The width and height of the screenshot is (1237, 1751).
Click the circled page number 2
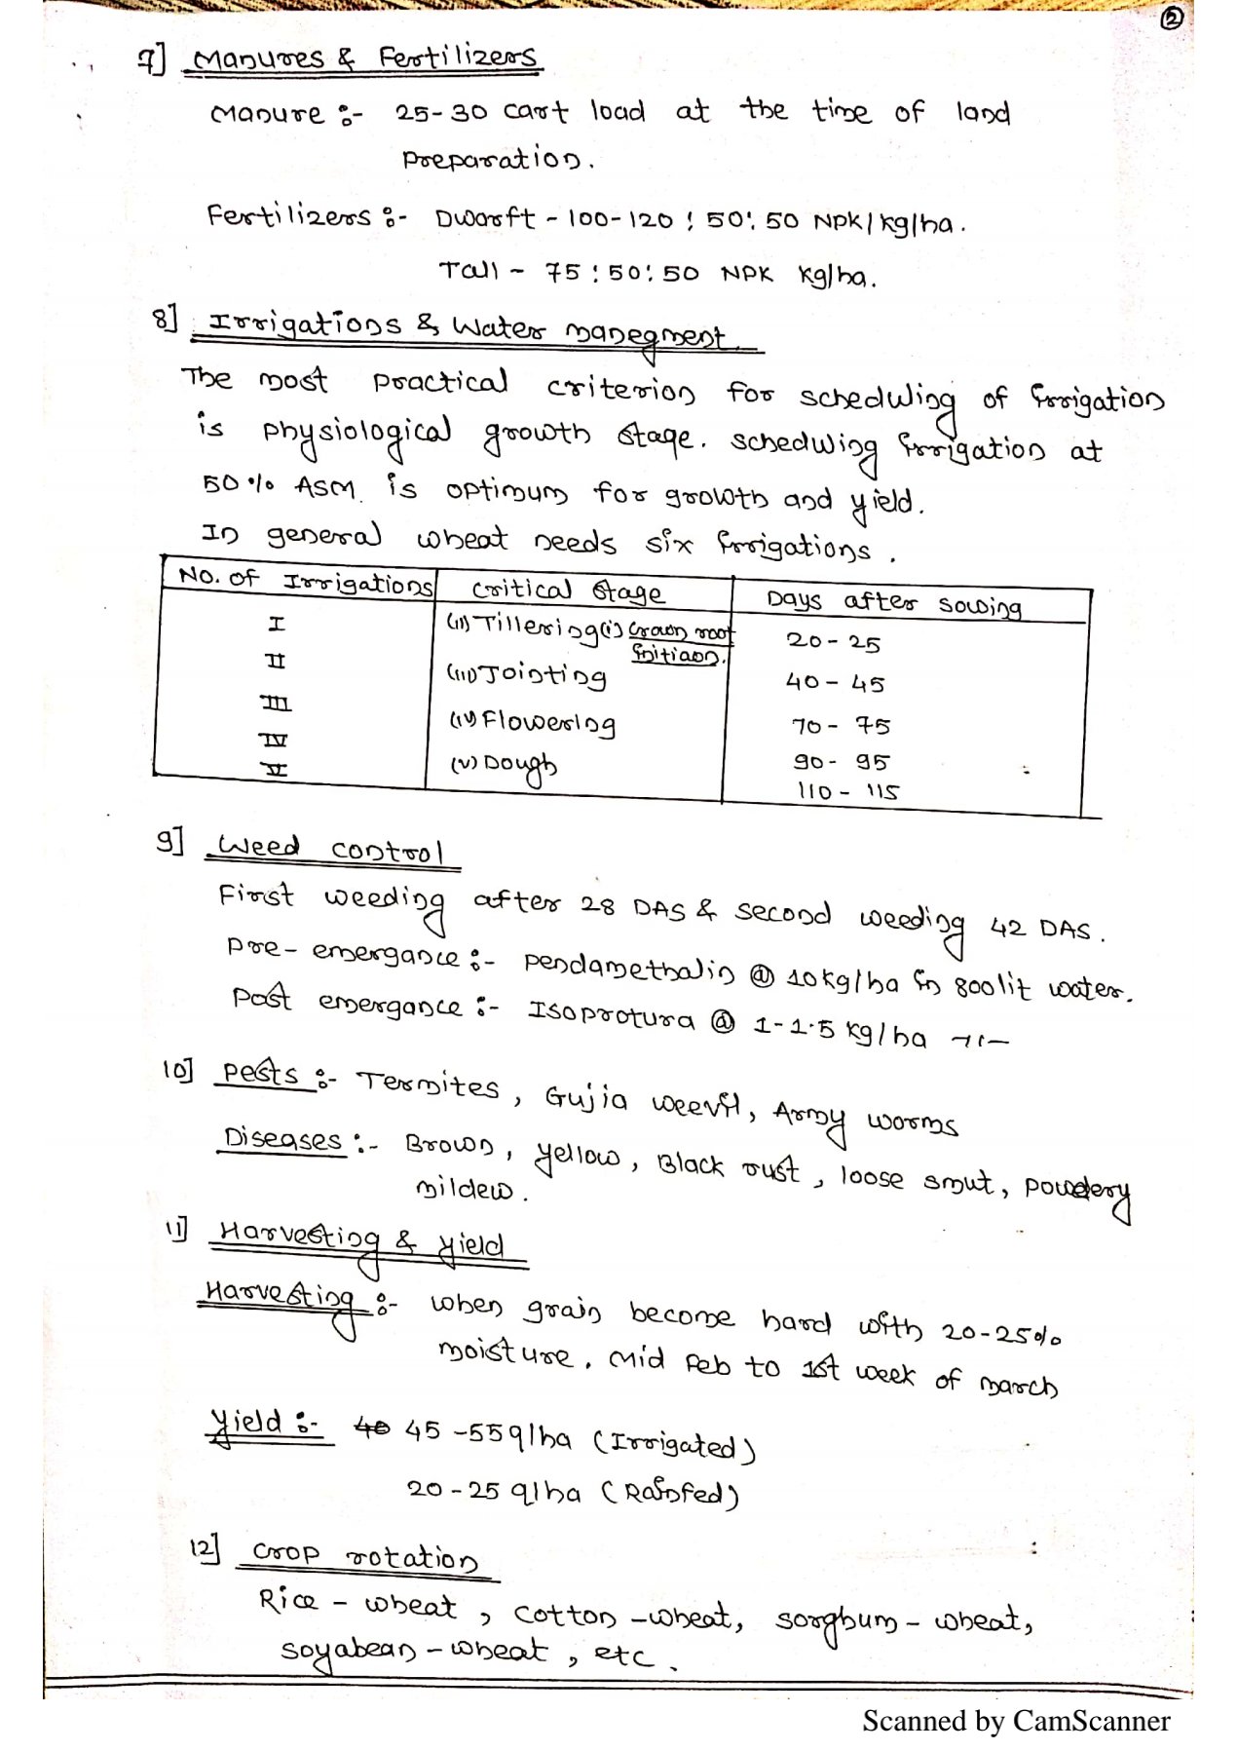pyautogui.click(x=1173, y=19)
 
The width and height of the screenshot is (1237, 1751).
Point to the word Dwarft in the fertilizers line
pyautogui.click(x=485, y=217)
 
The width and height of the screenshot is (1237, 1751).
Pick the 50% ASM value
pyautogui.click(x=279, y=485)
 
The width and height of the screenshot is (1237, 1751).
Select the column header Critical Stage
pyautogui.click(x=567, y=590)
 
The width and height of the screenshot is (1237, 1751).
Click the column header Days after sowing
pyautogui.click(x=893, y=603)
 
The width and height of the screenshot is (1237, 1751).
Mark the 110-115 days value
pyautogui.click(x=847, y=791)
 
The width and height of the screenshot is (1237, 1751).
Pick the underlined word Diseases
pyautogui.click(x=282, y=1138)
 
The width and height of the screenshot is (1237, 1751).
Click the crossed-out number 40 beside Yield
pyautogui.click(x=370, y=1429)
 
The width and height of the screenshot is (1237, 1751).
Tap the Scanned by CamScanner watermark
pyautogui.click(x=1016, y=1721)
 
